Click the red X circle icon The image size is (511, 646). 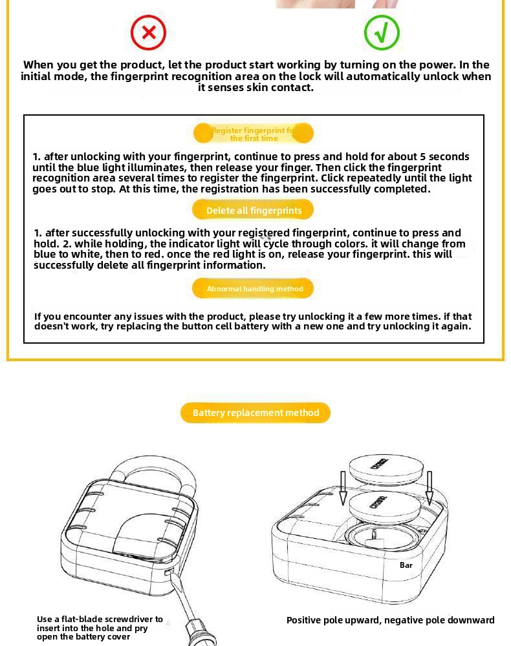[148, 33]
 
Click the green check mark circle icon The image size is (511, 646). [382, 33]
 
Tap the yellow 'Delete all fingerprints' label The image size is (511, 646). [253, 210]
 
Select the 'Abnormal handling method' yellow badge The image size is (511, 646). [253, 289]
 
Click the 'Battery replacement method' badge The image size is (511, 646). [255, 413]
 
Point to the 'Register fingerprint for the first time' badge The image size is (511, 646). [254, 134]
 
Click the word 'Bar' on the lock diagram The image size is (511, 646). [406, 565]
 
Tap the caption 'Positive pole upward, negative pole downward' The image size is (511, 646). [390, 620]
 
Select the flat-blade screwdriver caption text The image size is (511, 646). [100, 628]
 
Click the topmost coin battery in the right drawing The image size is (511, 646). [386, 468]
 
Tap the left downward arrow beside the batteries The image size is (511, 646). [343, 488]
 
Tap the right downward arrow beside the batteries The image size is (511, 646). [429, 488]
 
